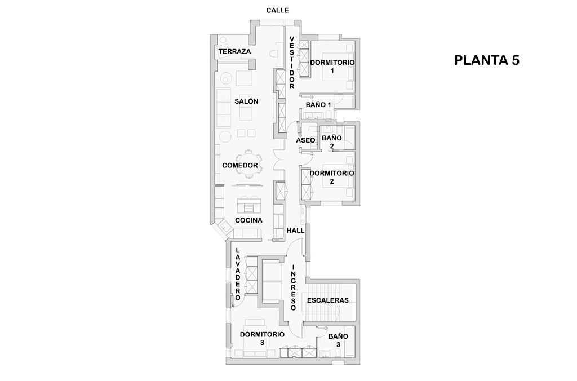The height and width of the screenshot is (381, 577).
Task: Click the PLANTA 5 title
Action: point(486,61)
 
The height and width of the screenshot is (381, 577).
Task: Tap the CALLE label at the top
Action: point(277,10)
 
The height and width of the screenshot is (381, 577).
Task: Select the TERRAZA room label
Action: point(234,52)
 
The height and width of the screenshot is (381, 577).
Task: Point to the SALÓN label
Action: point(246,101)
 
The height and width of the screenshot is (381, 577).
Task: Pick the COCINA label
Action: point(248,220)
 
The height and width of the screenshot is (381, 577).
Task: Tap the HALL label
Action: point(295,231)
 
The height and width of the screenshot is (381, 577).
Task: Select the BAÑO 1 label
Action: point(318,105)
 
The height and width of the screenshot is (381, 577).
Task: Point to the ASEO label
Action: point(305,140)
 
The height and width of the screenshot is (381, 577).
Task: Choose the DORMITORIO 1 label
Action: point(332,66)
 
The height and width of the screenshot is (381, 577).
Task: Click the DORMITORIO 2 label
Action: point(332,177)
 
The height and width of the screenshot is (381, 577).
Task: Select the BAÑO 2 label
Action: point(332,141)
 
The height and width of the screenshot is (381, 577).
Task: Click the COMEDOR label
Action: point(240,165)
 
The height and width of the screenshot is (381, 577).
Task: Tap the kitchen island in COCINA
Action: point(249,202)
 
